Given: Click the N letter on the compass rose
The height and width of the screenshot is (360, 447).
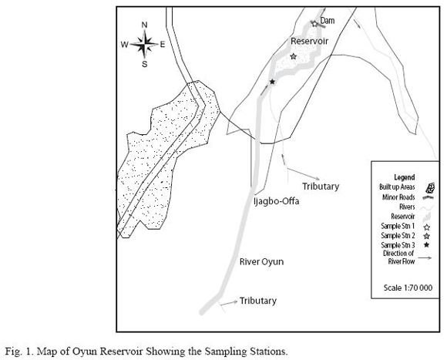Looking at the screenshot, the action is (145, 25).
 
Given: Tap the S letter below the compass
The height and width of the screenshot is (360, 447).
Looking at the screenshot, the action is (145, 64).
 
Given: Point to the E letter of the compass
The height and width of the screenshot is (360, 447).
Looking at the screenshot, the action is (163, 45).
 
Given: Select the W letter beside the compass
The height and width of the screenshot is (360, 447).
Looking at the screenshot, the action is (125, 45).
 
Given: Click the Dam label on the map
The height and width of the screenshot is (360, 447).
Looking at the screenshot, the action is (328, 21).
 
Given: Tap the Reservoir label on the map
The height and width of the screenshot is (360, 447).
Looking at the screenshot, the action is (309, 41).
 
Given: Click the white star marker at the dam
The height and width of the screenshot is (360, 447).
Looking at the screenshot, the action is (314, 24).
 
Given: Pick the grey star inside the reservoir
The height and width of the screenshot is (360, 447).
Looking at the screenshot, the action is (294, 56).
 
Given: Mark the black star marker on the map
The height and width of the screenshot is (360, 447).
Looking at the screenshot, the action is (272, 82).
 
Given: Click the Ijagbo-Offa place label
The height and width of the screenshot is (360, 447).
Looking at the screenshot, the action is (276, 201).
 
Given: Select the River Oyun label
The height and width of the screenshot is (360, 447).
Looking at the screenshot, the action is (261, 261).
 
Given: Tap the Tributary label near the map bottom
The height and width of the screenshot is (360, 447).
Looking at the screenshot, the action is (258, 301).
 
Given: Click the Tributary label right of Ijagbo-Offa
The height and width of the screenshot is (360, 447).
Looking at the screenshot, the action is (321, 187).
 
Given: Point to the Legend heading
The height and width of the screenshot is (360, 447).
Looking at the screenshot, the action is (405, 177).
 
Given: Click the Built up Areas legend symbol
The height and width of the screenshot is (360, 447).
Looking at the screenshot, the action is (430, 187).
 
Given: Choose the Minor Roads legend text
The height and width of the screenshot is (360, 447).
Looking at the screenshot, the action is (398, 197).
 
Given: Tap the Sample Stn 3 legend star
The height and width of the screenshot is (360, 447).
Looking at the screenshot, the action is (427, 245).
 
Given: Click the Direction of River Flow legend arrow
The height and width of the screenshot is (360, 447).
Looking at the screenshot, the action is (425, 257).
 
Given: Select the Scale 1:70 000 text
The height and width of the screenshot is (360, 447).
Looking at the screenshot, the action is (408, 288).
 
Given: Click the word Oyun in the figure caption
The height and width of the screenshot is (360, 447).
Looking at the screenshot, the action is (84, 352).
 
